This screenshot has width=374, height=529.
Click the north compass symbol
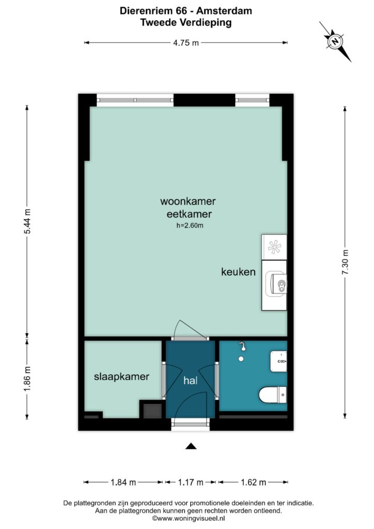click(x=335, y=41)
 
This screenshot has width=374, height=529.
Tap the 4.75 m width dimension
click(x=186, y=43)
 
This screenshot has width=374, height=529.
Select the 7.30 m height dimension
click(x=345, y=262)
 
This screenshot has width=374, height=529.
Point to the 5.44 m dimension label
click(x=27, y=221)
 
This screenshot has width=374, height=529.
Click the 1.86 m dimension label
click(x=27, y=379)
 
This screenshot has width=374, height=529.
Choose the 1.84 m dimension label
click(x=123, y=483)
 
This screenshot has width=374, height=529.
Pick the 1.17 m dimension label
click(x=191, y=483)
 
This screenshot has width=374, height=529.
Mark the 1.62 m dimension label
click(x=254, y=483)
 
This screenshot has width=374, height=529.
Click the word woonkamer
click(x=188, y=201)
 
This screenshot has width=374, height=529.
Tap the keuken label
click(x=238, y=272)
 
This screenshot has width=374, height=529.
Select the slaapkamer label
click(x=121, y=377)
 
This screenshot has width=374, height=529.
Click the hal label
click(x=190, y=381)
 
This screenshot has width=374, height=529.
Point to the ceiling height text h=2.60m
click(x=190, y=225)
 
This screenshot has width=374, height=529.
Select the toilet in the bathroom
click(x=273, y=395)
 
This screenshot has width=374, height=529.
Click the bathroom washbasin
click(x=278, y=361)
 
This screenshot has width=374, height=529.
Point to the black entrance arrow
click(x=191, y=446)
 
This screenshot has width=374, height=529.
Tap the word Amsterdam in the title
click(x=224, y=11)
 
